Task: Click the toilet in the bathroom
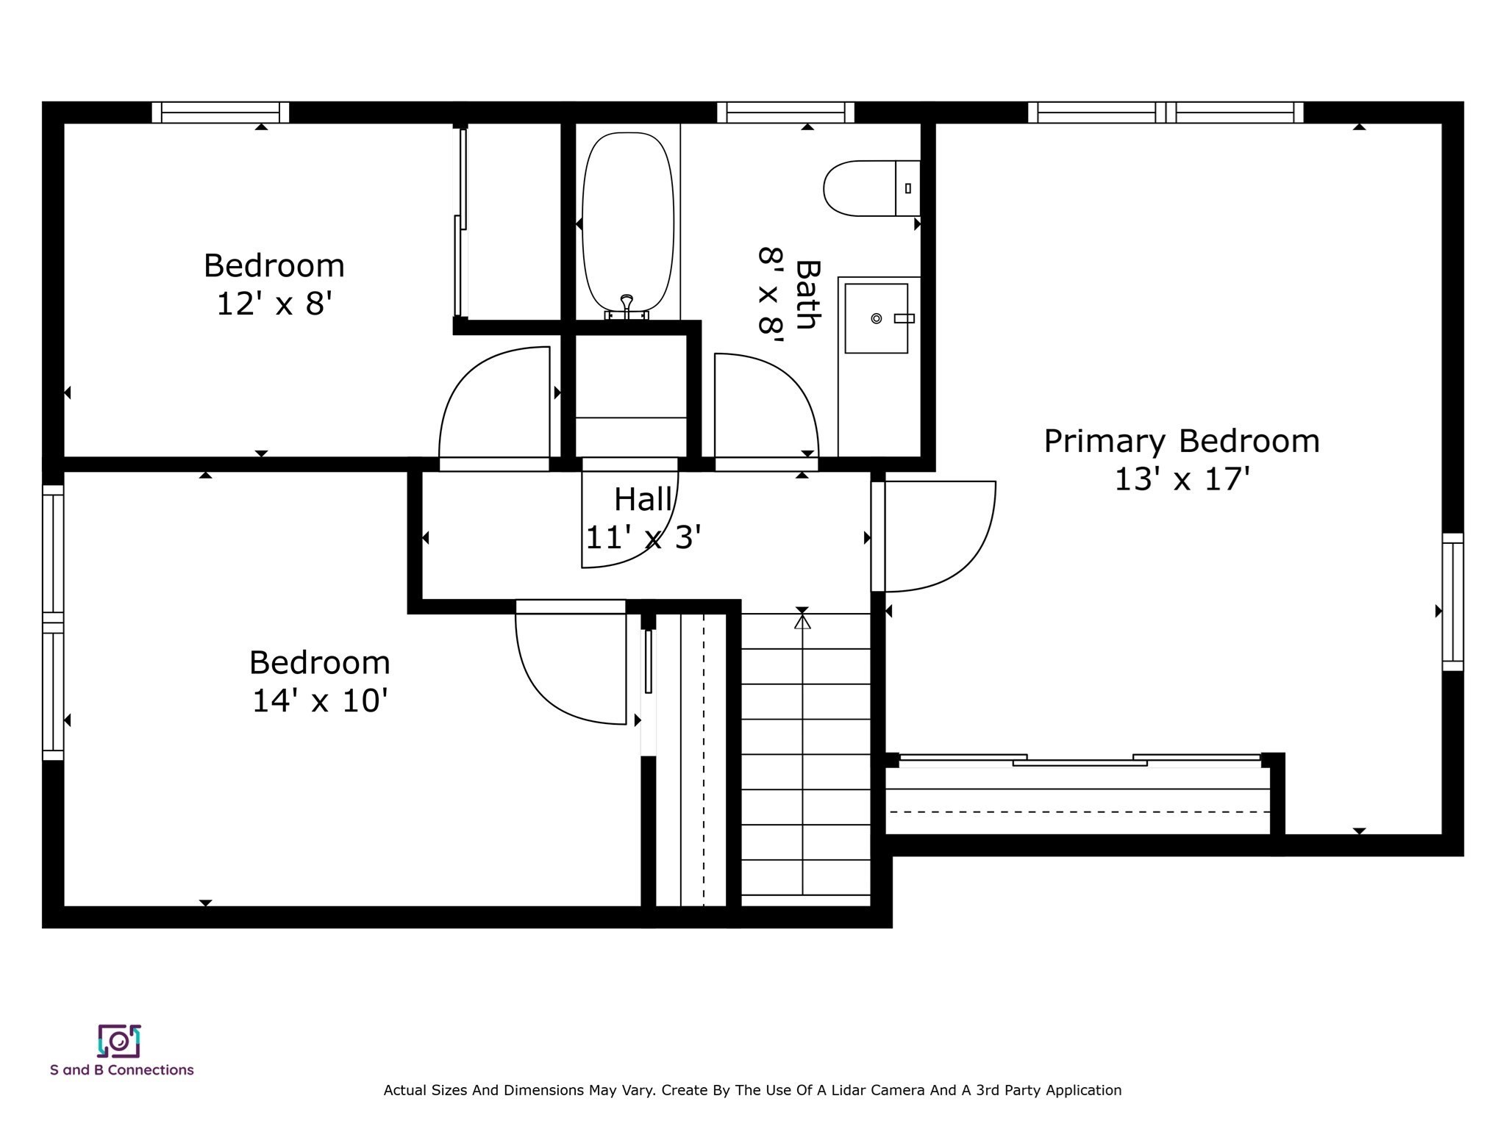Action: [868, 188]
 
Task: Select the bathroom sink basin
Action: [876, 318]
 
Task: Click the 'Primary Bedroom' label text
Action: [1181, 442]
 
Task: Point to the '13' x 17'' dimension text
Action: [1182, 480]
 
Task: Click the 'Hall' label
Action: [643, 500]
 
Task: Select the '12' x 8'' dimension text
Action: [274, 304]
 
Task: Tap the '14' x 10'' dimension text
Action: [319, 700]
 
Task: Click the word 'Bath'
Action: [807, 295]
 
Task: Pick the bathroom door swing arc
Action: [772, 404]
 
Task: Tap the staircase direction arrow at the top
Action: [802, 622]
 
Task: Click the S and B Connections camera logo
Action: [119, 1041]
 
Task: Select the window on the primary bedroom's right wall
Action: [1452, 601]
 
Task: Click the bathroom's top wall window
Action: [785, 112]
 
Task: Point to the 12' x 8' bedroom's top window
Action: [220, 112]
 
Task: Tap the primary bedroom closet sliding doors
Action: [1079, 760]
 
